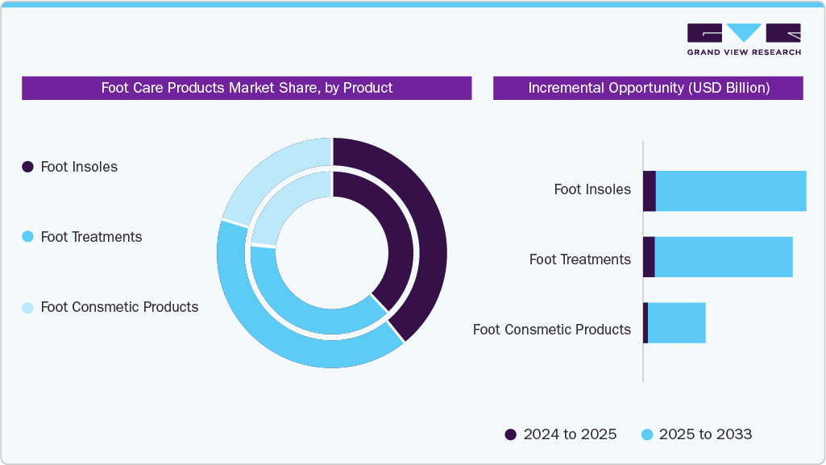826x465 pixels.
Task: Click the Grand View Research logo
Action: (744, 39)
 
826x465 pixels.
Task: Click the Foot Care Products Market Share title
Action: (247, 88)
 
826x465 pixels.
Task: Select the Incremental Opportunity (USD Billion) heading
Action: (648, 88)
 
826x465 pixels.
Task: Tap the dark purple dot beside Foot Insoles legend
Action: (27, 167)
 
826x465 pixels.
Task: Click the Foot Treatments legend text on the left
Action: (91, 237)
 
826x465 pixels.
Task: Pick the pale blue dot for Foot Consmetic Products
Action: (27, 307)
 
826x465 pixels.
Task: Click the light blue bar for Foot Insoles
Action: (730, 191)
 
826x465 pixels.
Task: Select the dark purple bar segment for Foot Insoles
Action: (649, 191)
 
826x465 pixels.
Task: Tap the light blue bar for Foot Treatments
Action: (723, 257)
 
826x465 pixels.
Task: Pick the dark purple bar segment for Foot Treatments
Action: (648, 257)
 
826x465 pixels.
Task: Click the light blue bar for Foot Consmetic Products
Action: (676, 323)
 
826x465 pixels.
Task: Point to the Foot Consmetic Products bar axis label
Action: (551, 330)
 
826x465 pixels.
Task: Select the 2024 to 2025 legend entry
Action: (561, 434)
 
